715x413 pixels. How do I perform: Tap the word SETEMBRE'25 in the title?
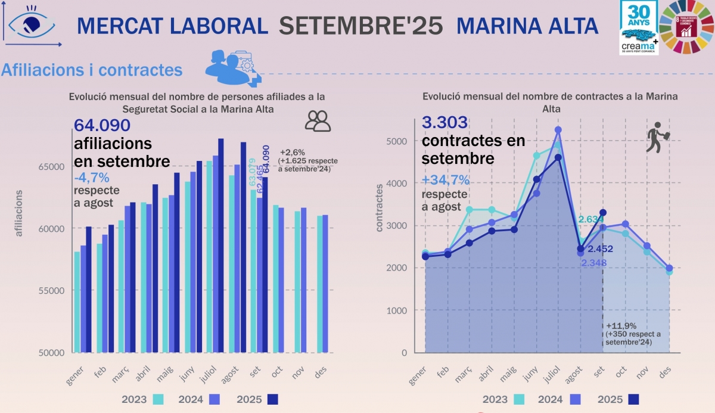point(361,26)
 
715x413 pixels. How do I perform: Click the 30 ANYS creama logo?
point(638,27)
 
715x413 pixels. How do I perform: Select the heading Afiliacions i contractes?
point(92,70)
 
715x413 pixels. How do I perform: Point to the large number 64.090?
point(102,126)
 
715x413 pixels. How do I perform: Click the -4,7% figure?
point(92,178)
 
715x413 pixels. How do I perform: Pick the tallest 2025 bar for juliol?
point(221,245)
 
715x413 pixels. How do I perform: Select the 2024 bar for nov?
point(303,280)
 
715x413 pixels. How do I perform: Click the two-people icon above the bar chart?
point(318,120)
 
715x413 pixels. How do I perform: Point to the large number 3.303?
point(445,123)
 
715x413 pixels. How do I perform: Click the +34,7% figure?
point(446,180)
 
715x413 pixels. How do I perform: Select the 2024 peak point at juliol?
point(558,129)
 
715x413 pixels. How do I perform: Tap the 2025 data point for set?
point(603,213)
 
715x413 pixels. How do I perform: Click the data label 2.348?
point(593,263)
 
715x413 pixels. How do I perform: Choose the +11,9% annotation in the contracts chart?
point(619,326)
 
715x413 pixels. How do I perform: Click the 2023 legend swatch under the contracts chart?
point(520,399)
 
